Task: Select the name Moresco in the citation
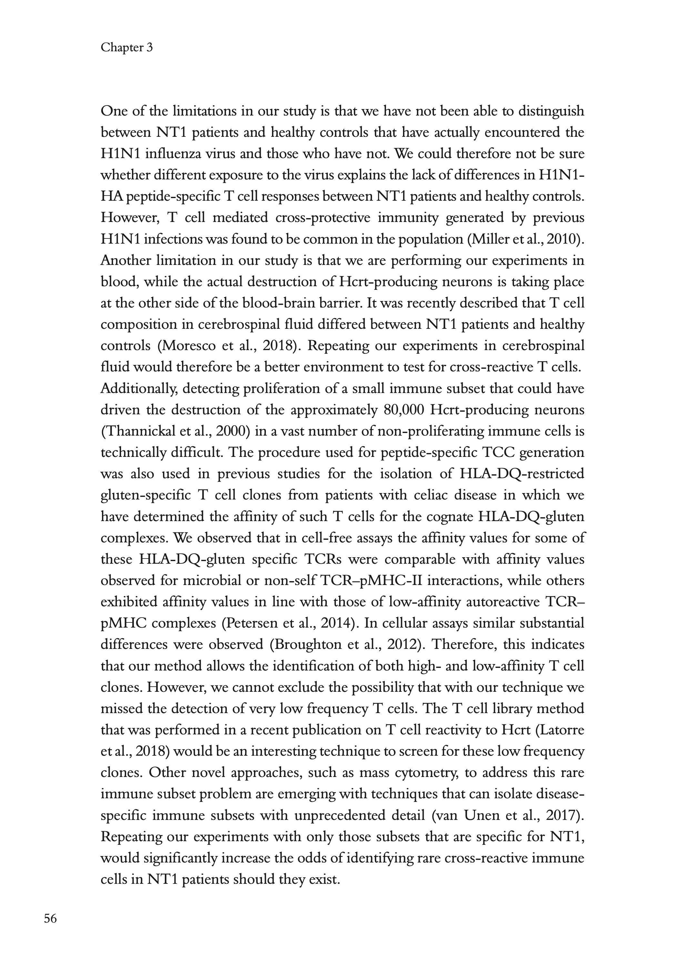pyautogui.click(x=187, y=346)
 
